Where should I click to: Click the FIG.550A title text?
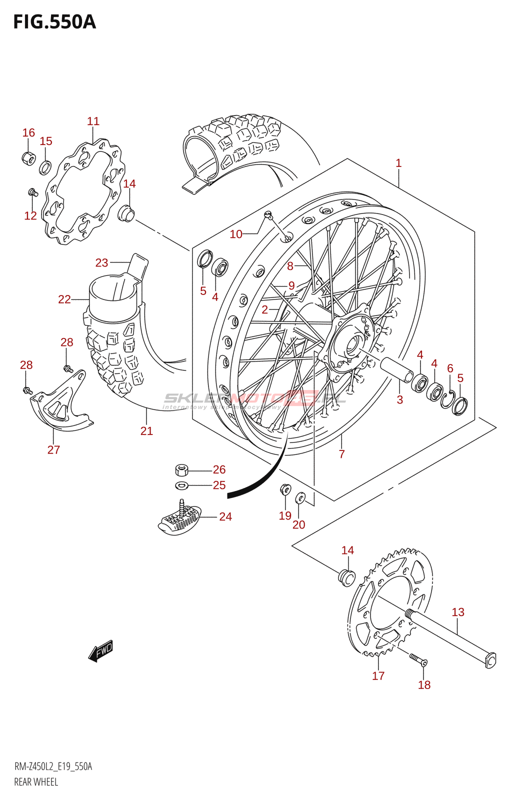54,22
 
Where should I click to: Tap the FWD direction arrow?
100,650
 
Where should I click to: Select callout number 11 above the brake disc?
93,121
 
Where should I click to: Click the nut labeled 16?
28,158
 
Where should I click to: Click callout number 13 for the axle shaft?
458,612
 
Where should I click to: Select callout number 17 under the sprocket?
378,676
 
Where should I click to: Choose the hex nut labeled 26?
181,470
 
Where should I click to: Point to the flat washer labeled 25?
181,485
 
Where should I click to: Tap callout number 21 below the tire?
146,431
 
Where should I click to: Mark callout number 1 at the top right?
398,163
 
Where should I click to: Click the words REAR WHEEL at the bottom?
36,782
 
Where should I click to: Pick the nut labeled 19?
285,488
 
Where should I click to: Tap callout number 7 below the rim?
341,454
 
